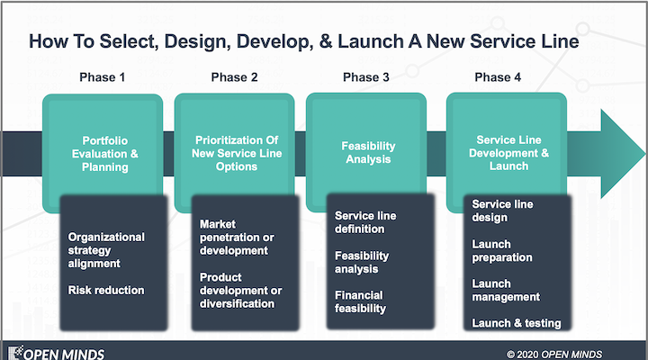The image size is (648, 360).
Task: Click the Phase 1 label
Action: (103, 77)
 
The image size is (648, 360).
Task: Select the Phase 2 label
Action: (234, 77)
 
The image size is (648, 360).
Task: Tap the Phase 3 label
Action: (366, 77)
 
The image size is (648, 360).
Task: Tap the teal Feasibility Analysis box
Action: (366, 144)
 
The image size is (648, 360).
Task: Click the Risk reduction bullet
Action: (106, 290)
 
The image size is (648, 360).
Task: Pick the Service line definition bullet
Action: (364, 222)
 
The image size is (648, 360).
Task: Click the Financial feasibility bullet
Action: (360, 301)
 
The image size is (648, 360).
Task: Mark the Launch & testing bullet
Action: (516, 323)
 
